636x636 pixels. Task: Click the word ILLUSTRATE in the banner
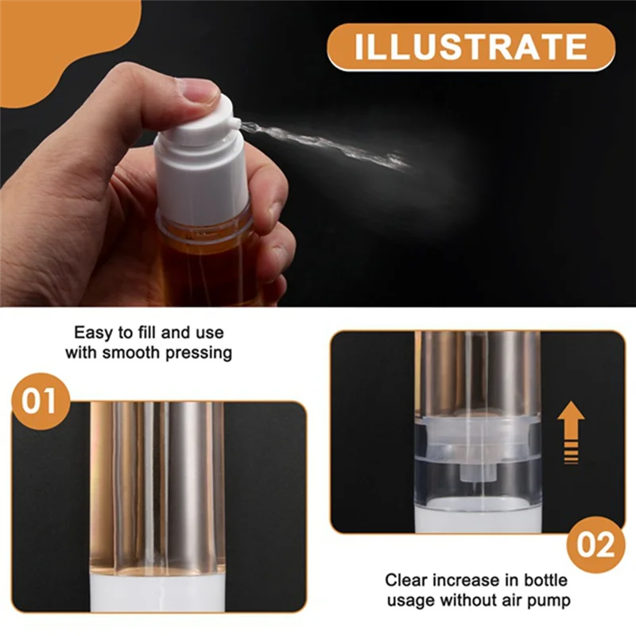tap(471, 47)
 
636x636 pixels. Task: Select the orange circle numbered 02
tap(595, 545)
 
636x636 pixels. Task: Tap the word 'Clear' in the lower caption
tap(406, 580)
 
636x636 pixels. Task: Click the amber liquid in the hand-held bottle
tap(207, 266)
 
